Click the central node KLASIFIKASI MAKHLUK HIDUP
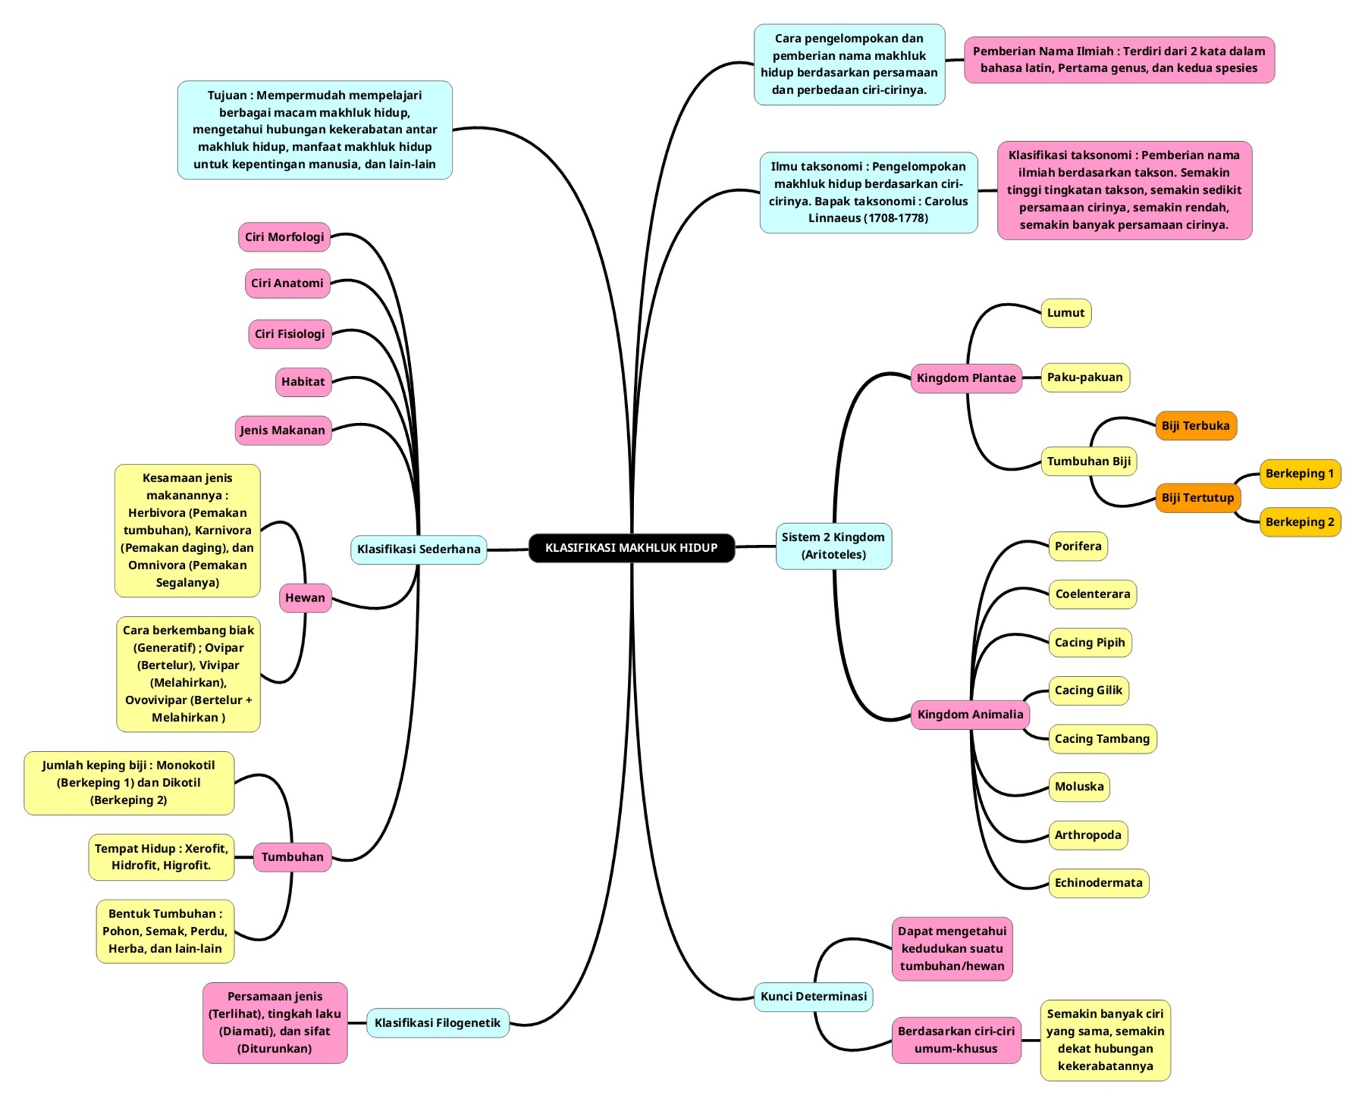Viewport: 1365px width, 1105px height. tap(631, 548)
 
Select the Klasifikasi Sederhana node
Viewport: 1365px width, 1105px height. tap(418, 549)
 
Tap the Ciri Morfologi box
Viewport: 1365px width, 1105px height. tap(284, 237)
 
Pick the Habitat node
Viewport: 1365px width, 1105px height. tap(303, 381)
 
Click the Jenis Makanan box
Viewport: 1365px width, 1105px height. tap(283, 430)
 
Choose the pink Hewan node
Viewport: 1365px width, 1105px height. tap(305, 598)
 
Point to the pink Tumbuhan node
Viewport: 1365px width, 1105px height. tap(292, 857)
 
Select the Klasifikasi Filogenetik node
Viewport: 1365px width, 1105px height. tap(437, 1022)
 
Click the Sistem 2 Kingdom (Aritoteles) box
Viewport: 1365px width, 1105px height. tap(833, 546)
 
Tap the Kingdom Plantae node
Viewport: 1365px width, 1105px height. tap(966, 378)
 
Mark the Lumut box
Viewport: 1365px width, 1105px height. tap(1065, 313)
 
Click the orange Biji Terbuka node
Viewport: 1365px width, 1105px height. tap(1196, 426)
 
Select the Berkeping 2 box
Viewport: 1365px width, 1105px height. tap(1299, 522)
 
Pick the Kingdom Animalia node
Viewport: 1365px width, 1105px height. tap(970, 714)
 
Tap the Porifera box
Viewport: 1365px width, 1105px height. tap(1078, 546)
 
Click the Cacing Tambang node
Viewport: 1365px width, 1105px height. tap(1102, 739)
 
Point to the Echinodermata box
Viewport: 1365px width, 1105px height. tap(1098, 883)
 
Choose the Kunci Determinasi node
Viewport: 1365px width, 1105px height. tap(814, 997)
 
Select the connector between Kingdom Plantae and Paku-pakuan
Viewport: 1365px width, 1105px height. tap(1031, 378)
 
